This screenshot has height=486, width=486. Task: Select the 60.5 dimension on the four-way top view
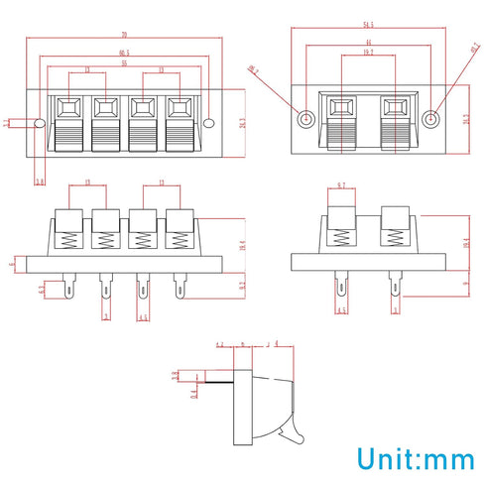click(x=123, y=53)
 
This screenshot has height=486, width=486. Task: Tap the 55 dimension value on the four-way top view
click(x=123, y=62)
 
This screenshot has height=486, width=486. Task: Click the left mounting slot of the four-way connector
click(x=39, y=123)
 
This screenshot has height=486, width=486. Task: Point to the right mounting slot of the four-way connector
click(x=209, y=123)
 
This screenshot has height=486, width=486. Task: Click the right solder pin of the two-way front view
click(x=394, y=288)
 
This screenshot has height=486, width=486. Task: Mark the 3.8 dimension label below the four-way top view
click(x=40, y=182)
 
